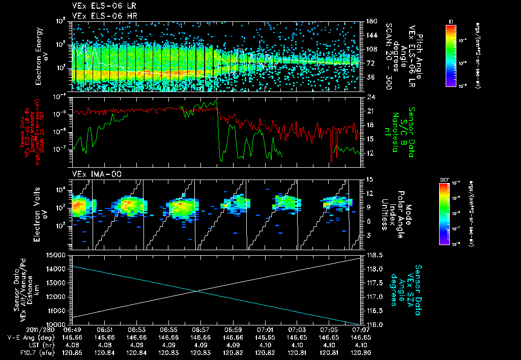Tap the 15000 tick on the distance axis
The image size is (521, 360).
pyautogui.click(x=57, y=255)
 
